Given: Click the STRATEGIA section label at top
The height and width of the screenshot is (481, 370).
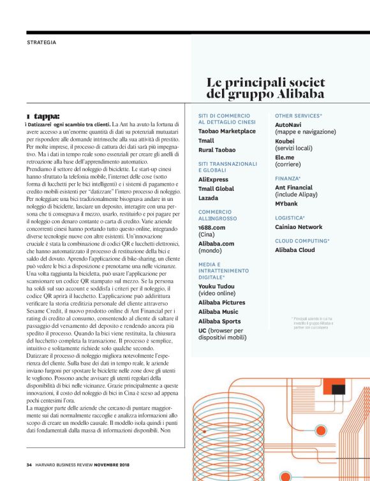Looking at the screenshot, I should coord(41,43).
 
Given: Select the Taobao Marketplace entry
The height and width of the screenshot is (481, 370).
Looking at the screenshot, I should coord(226,131).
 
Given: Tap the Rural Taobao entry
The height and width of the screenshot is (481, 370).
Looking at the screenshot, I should coord(216,149).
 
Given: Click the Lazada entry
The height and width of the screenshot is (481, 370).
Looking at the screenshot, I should coord(209,198).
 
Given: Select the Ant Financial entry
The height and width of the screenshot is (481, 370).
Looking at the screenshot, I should coord(293,188).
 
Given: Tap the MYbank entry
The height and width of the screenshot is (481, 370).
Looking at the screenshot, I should coord(286,204).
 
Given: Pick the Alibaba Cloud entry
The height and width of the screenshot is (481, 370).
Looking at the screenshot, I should coord(295,250).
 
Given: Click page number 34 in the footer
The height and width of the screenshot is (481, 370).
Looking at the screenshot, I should coord(29,464).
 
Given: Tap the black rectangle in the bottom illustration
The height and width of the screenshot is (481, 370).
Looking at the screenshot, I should coord(337,389).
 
